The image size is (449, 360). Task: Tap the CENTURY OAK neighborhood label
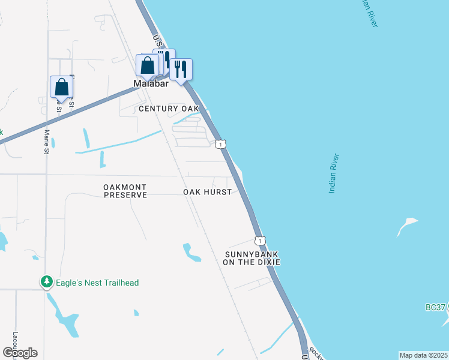[x=168, y=109]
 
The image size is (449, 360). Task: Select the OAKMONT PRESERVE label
[x=125, y=191]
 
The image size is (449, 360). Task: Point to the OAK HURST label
[x=207, y=192]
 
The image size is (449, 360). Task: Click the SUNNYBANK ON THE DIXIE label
[x=252, y=258]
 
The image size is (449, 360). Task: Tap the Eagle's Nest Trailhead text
[x=97, y=283]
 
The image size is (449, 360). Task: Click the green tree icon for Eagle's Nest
[x=46, y=281]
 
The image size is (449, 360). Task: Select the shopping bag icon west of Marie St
[x=61, y=88]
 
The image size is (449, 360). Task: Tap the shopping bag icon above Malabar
[x=147, y=66]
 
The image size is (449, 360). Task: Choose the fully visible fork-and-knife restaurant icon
[x=181, y=69]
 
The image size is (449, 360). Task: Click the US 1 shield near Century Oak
[x=221, y=144]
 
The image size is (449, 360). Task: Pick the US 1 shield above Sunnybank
[x=259, y=241]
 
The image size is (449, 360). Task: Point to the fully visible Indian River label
[x=334, y=174]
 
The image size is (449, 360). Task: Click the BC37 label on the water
[x=435, y=307]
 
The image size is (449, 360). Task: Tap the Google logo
[x=20, y=353]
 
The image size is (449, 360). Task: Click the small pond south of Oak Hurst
[x=191, y=253]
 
